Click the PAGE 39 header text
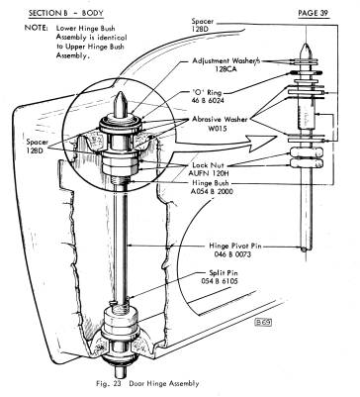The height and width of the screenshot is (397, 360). click(x=314, y=13)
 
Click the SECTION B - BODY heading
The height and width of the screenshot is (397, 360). click(x=66, y=14)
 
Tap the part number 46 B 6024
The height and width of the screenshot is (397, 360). click(x=208, y=100)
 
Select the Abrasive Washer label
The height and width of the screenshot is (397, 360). click(x=220, y=120)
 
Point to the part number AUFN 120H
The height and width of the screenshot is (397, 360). click(x=207, y=172)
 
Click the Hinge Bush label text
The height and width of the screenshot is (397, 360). click(x=210, y=183)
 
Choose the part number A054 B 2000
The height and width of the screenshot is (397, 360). click(x=212, y=191)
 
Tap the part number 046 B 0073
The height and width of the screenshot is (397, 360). click(x=232, y=254)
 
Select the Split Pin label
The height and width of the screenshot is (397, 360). click(x=224, y=273)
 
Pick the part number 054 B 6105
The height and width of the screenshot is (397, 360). click(x=220, y=281)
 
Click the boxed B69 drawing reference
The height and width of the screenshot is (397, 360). click(x=263, y=323)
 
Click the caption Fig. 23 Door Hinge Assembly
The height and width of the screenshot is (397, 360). click(x=147, y=383)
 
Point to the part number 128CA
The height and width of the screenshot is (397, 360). click(x=225, y=69)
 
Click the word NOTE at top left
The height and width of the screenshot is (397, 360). click(x=36, y=28)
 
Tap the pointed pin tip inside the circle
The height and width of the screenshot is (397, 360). click(x=121, y=92)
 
